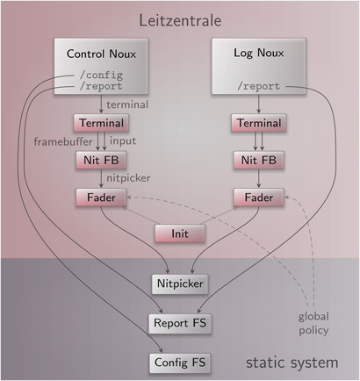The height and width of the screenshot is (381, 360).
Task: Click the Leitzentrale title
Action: pyautogui.click(x=180, y=21)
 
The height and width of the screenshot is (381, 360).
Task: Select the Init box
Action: pyautogui.click(x=180, y=234)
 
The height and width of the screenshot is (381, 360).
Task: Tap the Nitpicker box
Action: pyautogui.click(x=180, y=284)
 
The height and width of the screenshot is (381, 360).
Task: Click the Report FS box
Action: pyautogui.click(x=180, y=323)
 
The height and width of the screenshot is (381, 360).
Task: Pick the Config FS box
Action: pyautogui.click(x=180, y=363)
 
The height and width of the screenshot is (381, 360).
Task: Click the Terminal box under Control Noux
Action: pyautogui.click(x=101, y=123)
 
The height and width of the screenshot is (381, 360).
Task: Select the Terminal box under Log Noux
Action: pyautogui.click(x=259, y=123)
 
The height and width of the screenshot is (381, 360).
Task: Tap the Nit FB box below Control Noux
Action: pyautogui.click(x=101, y=160)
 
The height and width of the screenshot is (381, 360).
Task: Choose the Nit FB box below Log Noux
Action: pyautogui.click(x=259, y=160)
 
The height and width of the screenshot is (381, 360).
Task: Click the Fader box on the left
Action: pyautogui.click(x=101, y=198)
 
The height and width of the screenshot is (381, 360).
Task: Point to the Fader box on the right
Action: pyautogui.click(x=259, y=198)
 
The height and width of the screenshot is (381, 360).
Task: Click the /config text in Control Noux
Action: pyautogui.click(x=101, y=75)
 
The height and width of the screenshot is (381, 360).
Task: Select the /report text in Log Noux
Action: pyautogui.click(x=259, y=86)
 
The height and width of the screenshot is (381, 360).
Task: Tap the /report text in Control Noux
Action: pyautogui.click(x=101, y=86)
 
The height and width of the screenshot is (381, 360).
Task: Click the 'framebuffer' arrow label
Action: pyautogui.click(x=63, y=141)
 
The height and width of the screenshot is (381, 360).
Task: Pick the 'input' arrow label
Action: pyautogui.click(x=123, y=141)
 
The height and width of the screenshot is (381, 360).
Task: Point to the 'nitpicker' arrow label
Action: pyautogui.click(x=128, y=178)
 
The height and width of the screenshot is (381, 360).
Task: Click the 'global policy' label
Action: pyautogui.click(x=313, y=324)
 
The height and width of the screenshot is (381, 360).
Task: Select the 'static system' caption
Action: pyautogui.click(x=292, y=363)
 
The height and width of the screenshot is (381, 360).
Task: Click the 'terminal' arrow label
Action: pyautogui.click(x=127, y=104)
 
